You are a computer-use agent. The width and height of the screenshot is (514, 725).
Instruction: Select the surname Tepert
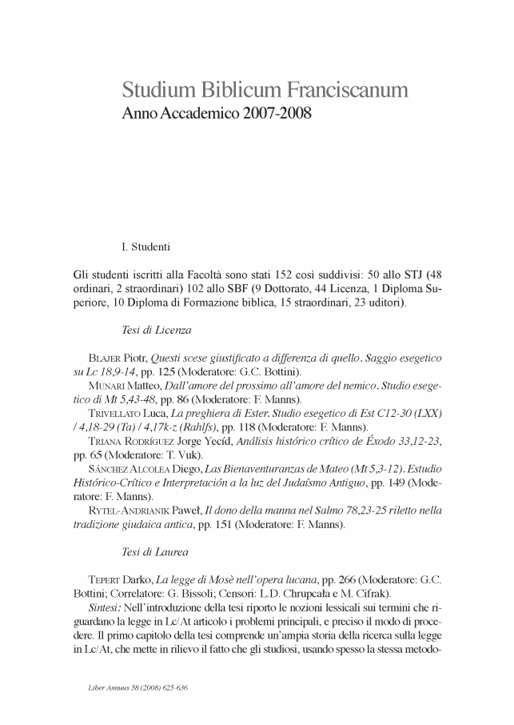(x=106, y=579)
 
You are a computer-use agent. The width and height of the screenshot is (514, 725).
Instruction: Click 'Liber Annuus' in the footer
(x=109, y=687)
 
